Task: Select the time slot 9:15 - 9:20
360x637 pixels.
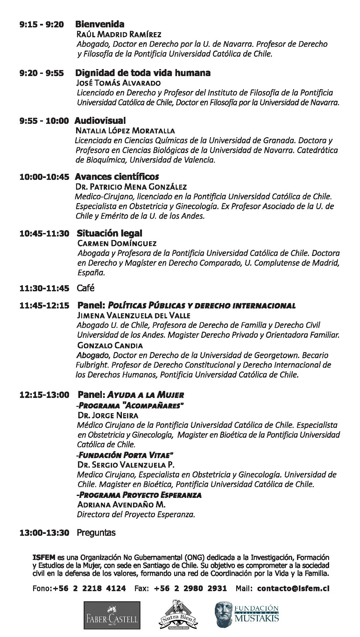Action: coord(41,25)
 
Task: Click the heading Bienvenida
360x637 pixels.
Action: coord(100,24)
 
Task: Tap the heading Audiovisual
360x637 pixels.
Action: coord(100,121)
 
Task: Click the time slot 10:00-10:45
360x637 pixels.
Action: coord(44,177)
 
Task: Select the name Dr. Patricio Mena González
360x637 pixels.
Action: coord(131,187)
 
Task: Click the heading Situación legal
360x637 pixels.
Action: coord(109,233)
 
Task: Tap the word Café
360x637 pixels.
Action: coord(86,288)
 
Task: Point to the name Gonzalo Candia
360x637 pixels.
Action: coord(110,345)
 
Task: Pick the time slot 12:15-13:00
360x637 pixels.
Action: coord(44,395)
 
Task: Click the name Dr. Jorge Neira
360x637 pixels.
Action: coord(108,415)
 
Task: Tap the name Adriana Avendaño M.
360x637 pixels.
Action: coord(121,505)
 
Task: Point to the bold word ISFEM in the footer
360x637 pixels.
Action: coord(44,557)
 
